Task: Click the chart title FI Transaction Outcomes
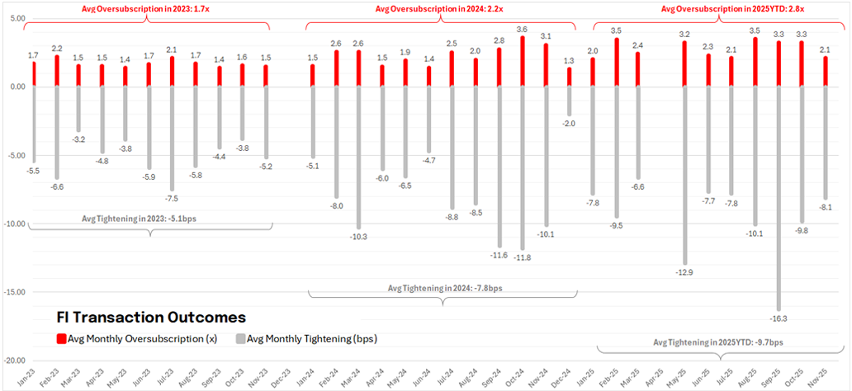click(x=150, y=317)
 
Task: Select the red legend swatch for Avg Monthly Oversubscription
click(x=61, y=339)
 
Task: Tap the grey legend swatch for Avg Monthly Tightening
click(x=241, y=339)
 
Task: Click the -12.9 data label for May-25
click(x=684, y=272)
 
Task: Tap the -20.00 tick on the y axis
click(x=15, y=360)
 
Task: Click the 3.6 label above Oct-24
click(x=522, y=30)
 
